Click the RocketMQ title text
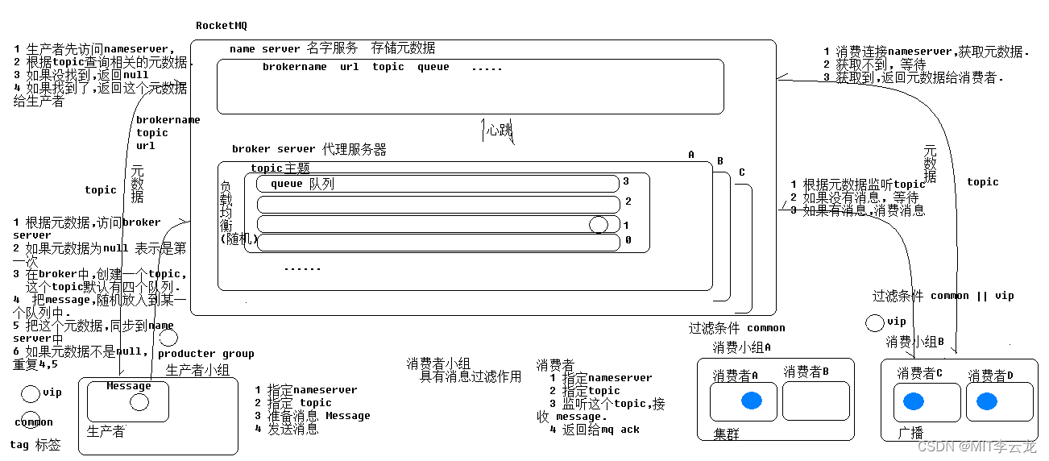222,25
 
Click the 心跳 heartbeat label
499,129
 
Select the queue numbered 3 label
625,181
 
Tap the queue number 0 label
628,240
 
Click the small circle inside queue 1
598,225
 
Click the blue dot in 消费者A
751,401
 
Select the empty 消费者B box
816,401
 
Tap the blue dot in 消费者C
913,401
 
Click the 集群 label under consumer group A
727,434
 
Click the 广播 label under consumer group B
910,434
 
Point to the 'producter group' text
205,353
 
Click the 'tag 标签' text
35,445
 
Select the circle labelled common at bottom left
27,422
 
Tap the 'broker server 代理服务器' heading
309,149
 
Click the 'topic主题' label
280,168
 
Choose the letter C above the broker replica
741,172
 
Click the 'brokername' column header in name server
294,67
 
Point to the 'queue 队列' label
302,184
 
